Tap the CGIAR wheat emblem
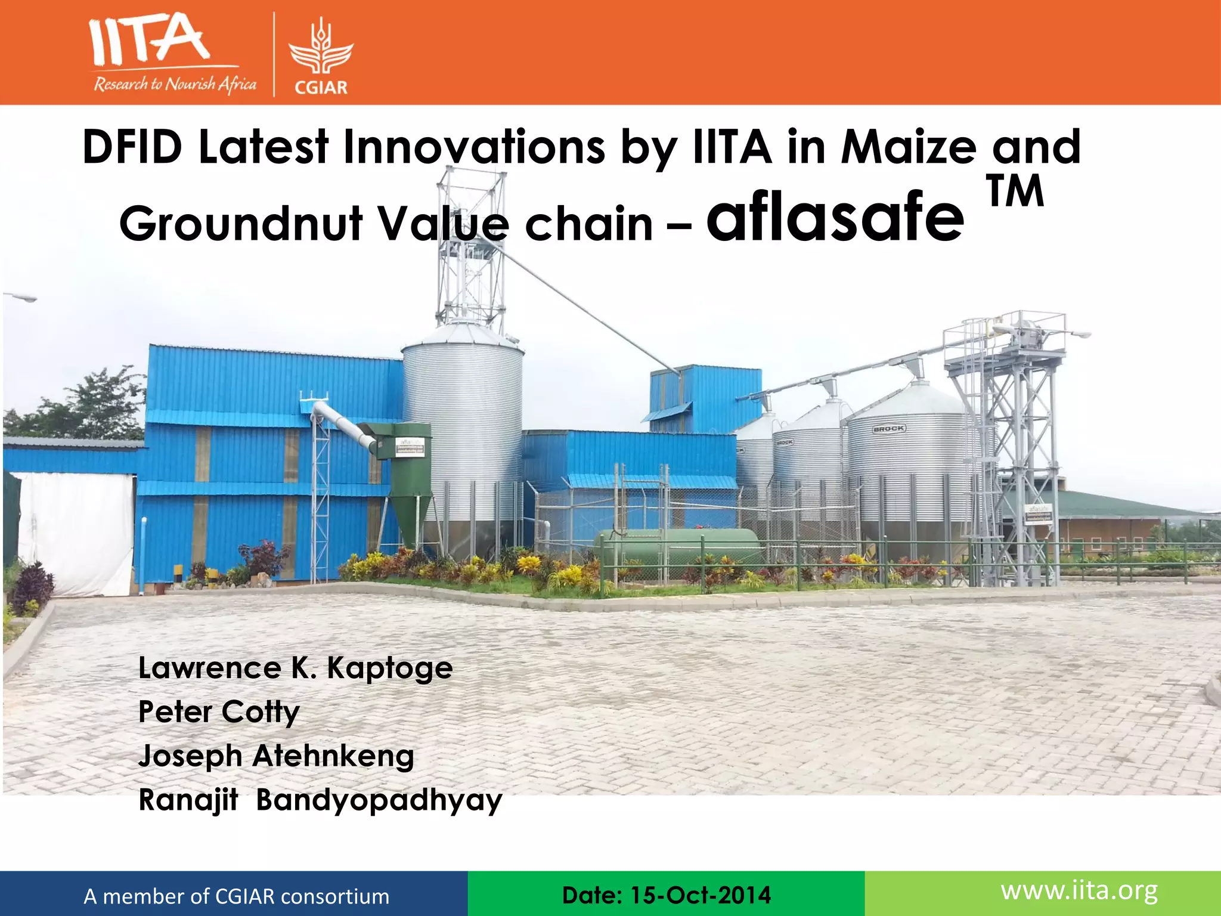[321, 51]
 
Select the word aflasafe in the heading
[835, 218]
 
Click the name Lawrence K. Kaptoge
[295, 668]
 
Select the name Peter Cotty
[219, 712]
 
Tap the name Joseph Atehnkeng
[276, 756]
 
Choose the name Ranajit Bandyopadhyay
[320, 800]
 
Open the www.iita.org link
[1079, 891]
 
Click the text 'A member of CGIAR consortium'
[236, 896]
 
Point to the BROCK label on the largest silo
[889, 429]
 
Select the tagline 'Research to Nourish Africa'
[175, 84]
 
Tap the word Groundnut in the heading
[241, 224]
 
